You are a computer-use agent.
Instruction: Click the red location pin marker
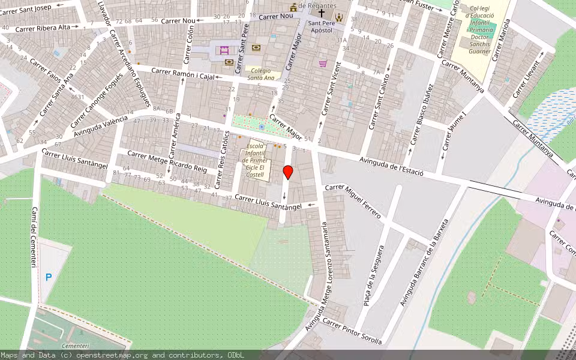coord(288,173)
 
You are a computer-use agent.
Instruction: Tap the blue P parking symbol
coord(49,277)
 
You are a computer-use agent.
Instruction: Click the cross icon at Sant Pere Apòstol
coord(322,13)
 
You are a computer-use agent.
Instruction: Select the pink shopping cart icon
coord(323,63)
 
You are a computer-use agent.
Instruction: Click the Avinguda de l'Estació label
coord(391,164)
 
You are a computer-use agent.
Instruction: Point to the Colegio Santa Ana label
coord(261,74)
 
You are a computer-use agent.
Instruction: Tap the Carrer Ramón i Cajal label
coord(182,73)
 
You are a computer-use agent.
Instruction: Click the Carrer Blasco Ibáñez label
coord(422,115)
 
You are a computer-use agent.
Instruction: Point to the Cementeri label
coord(75,346)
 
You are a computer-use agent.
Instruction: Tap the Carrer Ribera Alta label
coord(43,28)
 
